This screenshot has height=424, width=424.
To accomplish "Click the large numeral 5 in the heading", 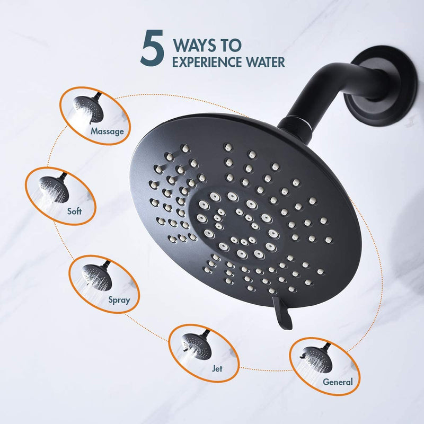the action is pyautogui.click(x=152, y=48).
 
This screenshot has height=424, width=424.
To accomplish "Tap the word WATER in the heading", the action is pyautogui.click(x=266, y=62).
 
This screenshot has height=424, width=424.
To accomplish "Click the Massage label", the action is pyautogui.click(x=107, y=131).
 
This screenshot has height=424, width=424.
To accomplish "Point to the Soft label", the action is pyautogui.click(x=74, y=211).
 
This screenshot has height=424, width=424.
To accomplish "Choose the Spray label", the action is pyautogui.click(x=119, y=300).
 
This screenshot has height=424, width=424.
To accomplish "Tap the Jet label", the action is pyautogui.click(x=217, y=368).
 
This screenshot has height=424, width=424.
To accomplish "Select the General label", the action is pyautogui.click(x=338, y=382).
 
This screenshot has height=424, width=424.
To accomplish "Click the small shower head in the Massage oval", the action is pyautogui.click(x=89, y=108).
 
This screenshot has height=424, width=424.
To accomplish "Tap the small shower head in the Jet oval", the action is pyautogui.click(x=196, y=345).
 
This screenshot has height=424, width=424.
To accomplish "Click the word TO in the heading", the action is pyautogui.click(x=232, y=46).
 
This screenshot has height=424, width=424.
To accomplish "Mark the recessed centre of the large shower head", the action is pyautogui.click(x=236, y=224).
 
